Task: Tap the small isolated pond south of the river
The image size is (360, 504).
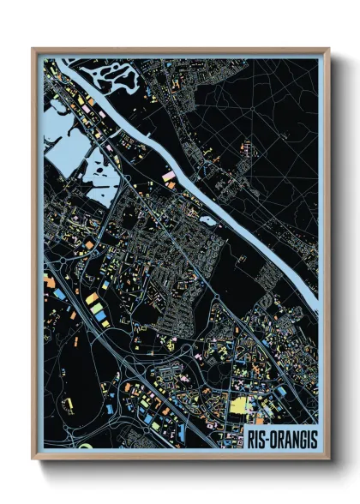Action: pos(207,220)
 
